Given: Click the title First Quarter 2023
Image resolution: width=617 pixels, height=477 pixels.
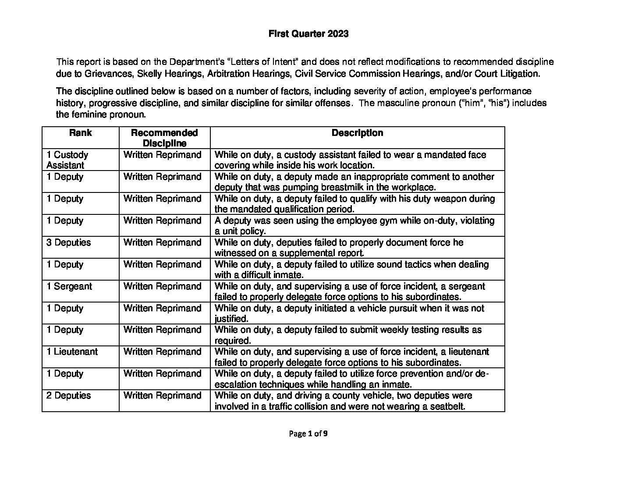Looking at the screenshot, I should (308, 34).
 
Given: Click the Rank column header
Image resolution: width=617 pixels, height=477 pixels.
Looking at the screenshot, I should (80, 133).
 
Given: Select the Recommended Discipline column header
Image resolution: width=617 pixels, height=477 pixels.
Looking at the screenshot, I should (164, 138).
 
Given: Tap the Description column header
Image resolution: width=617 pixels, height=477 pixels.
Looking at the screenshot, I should (357, 133).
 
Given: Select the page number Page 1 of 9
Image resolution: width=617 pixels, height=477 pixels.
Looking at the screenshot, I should (308, 434).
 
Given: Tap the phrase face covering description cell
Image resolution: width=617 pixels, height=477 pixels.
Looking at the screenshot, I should (350, 160).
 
